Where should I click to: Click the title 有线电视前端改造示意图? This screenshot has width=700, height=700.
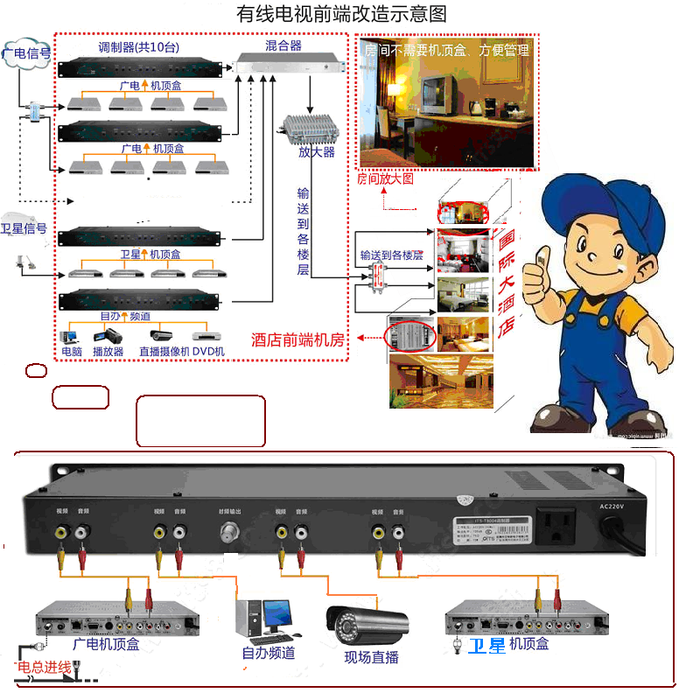(342, 15)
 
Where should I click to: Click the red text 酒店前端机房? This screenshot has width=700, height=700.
(297, 339)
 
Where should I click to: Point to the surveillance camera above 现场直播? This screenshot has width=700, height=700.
(367, 622)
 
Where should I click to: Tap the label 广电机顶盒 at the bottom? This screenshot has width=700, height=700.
(106, 645)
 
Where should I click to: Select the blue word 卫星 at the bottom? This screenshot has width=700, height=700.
(486, 646)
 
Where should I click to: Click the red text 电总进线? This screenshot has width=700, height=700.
(44, 668)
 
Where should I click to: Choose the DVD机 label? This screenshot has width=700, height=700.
(208, 352)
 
